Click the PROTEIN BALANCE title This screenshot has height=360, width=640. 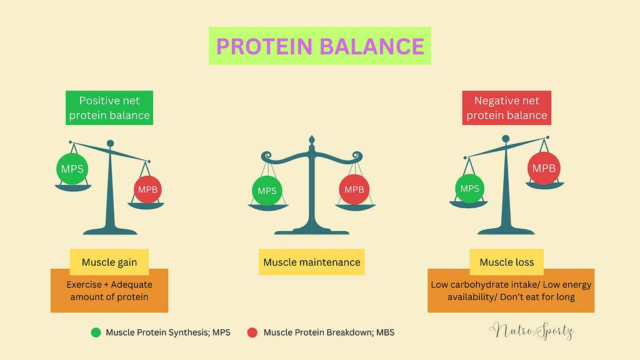[x=319, y=46]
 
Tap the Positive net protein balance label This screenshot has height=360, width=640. [x=109, y=107]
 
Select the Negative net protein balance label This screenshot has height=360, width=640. [x=507, y=107]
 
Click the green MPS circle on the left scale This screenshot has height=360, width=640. [x=72, y=169]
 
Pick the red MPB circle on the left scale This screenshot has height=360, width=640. [x=148, y=189]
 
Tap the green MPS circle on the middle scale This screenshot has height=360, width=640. [x=267, y=191]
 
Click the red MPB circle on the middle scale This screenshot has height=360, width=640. [x=354, y=190]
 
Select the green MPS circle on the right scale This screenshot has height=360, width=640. [x=469, y=188]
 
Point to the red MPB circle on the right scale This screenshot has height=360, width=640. [x=543, y=168]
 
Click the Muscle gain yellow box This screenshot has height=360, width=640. [x=109, y=262]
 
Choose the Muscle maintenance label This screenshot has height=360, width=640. [x=312, y=262]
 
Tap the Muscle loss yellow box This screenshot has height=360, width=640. [x=507, y=262]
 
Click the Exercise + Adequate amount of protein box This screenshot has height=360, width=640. [x=109, y=291]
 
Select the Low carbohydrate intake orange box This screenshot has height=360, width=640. [x=511, y=291]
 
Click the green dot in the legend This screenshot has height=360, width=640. [x=96, y=332]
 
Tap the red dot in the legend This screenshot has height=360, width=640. [x=252, y=332]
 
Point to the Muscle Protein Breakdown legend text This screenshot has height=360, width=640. [x=329, y=332]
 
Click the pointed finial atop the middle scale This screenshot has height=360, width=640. [x=312, y=138]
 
